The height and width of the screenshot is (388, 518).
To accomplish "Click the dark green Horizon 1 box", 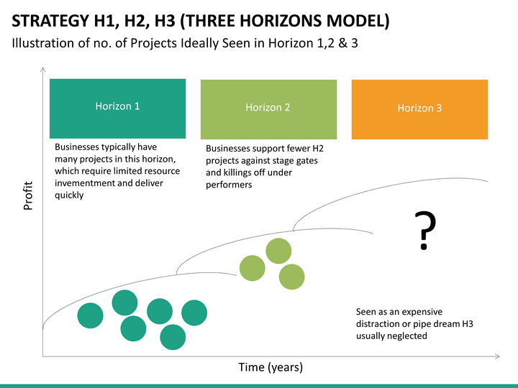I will click(117, 108).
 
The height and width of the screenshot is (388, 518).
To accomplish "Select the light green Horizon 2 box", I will click(268, 109).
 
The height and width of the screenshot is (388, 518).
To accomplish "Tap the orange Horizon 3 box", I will click(419, 109).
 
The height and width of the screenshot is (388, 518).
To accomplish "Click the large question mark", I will click(426, 231).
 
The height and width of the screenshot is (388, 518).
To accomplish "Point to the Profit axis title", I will click(28, 196).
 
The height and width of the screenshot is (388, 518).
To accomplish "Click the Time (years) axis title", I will click(271, 367).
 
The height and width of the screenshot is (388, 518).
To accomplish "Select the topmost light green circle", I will click(278, 251).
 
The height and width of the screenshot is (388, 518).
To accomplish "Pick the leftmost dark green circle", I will click(90, 315).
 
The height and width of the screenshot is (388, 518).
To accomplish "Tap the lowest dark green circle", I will click(172, 336).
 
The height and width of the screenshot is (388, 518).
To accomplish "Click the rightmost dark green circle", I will click(194, 313).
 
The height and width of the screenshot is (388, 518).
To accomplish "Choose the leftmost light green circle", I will click(252, 267).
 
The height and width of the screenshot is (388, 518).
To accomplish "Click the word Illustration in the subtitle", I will click(42, 43).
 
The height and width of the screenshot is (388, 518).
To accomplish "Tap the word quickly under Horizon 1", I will click(69, 195).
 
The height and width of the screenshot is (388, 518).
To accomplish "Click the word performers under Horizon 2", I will click(229, 185).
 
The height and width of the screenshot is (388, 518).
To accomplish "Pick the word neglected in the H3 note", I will click(408, 336).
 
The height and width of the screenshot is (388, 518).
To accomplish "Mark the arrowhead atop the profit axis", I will click(43, 70).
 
